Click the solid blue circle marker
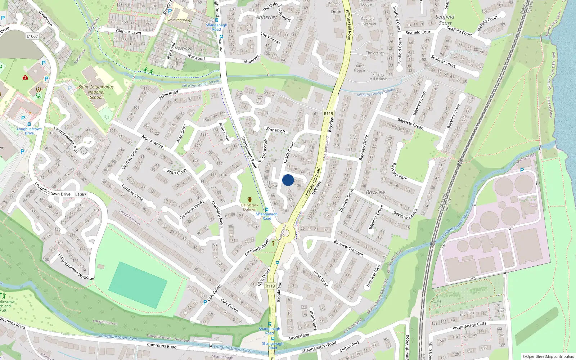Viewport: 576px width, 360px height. coord(288,180)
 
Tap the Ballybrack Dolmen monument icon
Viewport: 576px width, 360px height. coord(249,200)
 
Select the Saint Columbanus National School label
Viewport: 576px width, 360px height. coord(96,92)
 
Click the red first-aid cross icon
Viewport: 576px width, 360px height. coord(25,77)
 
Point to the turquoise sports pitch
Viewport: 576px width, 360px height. coord(138,285)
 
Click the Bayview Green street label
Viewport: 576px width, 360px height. coord(410,123)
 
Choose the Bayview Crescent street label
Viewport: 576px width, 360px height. coord(348,248)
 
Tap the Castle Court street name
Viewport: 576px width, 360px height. coord(289,152)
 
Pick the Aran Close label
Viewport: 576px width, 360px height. coord(177,171)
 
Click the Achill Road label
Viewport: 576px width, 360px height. coord(168,95)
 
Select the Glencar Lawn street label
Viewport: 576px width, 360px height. coord(129,32)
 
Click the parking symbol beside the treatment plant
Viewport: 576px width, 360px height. coord(522,170)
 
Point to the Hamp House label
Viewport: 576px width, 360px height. coord(359,68)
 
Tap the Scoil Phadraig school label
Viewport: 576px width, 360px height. coord(179,20)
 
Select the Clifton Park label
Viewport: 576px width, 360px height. coord(350,346)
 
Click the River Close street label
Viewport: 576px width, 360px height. coord(320,279)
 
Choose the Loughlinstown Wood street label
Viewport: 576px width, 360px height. coord(73,266)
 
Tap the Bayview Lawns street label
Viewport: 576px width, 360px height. coord(405,214)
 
